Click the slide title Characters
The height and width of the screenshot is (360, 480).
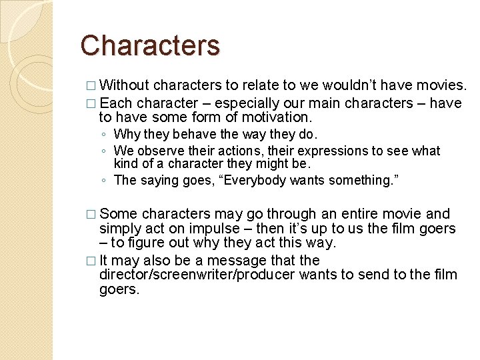tap(150, 45)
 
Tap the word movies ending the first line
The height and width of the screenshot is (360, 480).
tap(441, 85)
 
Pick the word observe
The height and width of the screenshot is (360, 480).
tap(162, 151)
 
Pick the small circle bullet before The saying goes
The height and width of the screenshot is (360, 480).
tap(105, 181)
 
